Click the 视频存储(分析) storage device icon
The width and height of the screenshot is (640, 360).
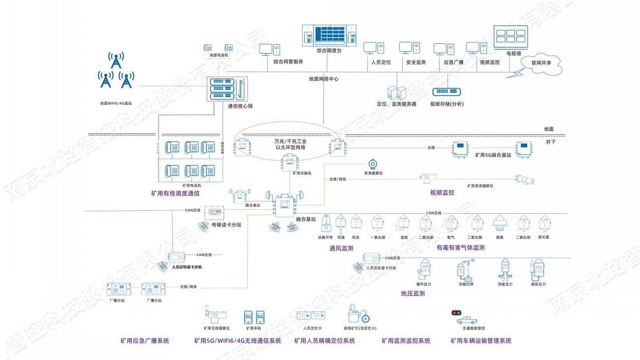tap(447, 92)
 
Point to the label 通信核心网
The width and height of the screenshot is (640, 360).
tap(240, 106)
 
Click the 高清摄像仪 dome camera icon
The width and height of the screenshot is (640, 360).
tap(373, 164)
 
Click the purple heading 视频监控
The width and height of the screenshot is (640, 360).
tap(442, 193)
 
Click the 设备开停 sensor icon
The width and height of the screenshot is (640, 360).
tap(325, 225)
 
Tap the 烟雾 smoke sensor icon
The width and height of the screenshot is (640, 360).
tap(500, 224)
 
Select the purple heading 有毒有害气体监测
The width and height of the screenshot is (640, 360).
tap(460, 248)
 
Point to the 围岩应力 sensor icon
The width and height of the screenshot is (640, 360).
tap(538, 269)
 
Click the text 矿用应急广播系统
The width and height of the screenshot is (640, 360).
tap(145, 341)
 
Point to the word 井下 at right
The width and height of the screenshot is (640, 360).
tap(550, 142)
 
